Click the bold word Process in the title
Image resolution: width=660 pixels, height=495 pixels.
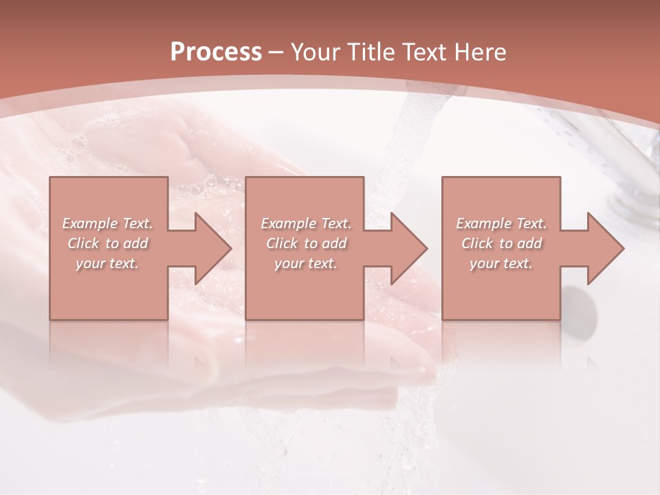[216, 52]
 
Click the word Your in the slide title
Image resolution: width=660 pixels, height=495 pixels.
[316, 52]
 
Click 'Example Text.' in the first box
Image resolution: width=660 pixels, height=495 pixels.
[107, 223]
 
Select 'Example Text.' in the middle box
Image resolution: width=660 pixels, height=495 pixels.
[305, 223]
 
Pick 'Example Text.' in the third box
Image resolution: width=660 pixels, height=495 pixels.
[501, 223]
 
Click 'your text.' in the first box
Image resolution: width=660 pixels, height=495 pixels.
[107, 263]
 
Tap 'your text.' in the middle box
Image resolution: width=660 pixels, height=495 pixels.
[305, 263]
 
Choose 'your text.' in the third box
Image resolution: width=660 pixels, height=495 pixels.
[501, 263]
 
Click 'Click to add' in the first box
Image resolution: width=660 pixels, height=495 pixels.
[107, 243]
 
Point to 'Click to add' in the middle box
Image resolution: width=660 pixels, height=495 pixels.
[305, 243]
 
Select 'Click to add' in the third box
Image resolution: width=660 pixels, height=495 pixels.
[501, 243]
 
